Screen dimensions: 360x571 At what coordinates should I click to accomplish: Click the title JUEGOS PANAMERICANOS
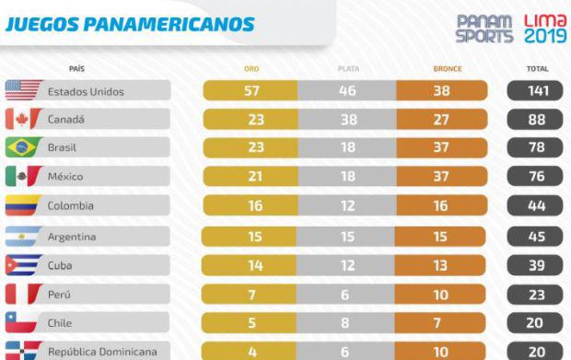(130, 24)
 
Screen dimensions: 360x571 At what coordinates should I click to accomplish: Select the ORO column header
(251, 68)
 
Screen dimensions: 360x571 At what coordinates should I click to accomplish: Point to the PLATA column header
(346, 68)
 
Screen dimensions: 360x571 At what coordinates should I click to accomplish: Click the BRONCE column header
(447, 68)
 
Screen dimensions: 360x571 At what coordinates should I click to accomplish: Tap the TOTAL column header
(536, 68)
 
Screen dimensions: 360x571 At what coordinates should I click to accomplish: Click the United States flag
(22, 90)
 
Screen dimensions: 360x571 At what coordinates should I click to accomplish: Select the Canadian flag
(22, 119)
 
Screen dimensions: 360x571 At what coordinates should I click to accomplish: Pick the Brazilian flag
(22, 147)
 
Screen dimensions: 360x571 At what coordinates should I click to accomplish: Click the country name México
(67, 177)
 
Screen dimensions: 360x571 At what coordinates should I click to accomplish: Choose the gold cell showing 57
(251, 90)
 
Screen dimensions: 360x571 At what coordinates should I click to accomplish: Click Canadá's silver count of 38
(346, 119)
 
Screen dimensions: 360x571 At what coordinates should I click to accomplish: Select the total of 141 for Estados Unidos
(536, 90)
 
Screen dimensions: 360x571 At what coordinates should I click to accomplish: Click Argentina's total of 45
(536, 237)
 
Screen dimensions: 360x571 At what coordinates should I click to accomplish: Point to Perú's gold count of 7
(251, 294)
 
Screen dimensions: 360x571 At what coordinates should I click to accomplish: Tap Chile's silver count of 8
(346, 323)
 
